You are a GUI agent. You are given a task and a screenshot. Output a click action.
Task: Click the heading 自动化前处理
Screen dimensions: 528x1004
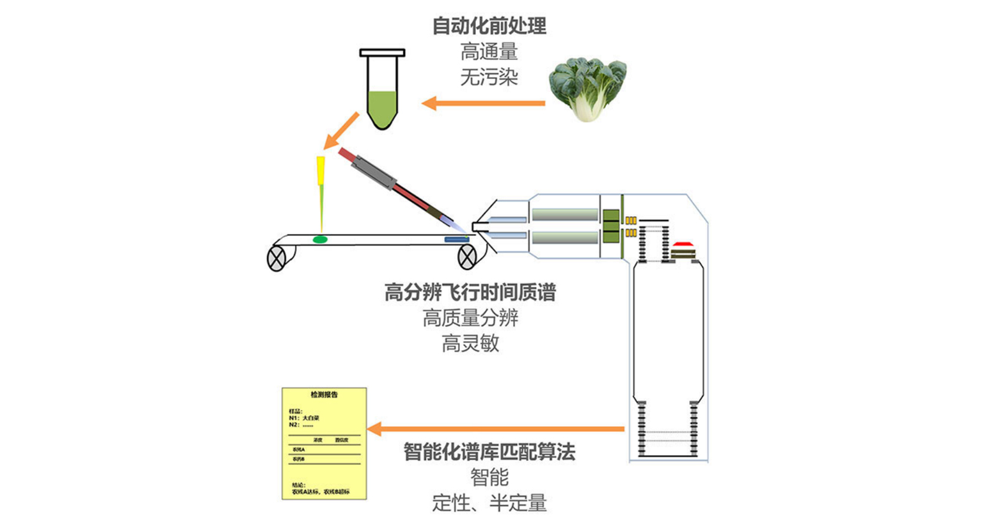[x=489, y=26]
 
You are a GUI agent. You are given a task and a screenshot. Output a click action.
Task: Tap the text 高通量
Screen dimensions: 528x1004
[x=489, y=52]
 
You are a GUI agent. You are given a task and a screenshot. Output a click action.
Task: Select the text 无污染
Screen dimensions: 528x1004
[x=489, y=77]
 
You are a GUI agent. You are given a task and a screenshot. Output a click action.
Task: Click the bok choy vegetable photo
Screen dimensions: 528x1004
[x=587, y=89]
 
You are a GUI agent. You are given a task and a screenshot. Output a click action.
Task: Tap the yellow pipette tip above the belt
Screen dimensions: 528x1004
[x=321, y=171]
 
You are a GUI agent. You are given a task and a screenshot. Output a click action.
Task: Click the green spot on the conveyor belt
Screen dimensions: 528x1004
[x=320, y=239]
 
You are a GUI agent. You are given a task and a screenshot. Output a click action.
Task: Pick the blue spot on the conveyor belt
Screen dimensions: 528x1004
[x=455, y=239]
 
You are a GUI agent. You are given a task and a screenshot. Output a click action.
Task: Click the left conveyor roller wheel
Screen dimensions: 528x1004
[x=276, y=258]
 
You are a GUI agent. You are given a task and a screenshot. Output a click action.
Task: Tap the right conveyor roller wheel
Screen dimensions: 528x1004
[x=467, y=256]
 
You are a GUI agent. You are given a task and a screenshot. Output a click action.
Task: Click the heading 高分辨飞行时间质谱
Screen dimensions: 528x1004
[x=470, y=292]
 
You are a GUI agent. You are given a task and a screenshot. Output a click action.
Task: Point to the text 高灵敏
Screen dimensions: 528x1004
[x=470, y=344]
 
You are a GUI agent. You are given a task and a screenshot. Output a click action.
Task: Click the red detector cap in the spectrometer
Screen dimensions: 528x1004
[x=682, y=244]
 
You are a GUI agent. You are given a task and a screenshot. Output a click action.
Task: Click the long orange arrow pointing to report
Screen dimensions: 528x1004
[x=497, y=429]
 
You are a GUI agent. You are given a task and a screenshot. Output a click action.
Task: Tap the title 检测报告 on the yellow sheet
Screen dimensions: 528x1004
[x=324, y=394]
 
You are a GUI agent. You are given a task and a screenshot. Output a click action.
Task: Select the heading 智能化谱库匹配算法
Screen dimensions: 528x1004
[x=489, y=452]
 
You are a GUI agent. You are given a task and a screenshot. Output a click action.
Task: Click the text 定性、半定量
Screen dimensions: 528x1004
[x=489, y=503]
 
